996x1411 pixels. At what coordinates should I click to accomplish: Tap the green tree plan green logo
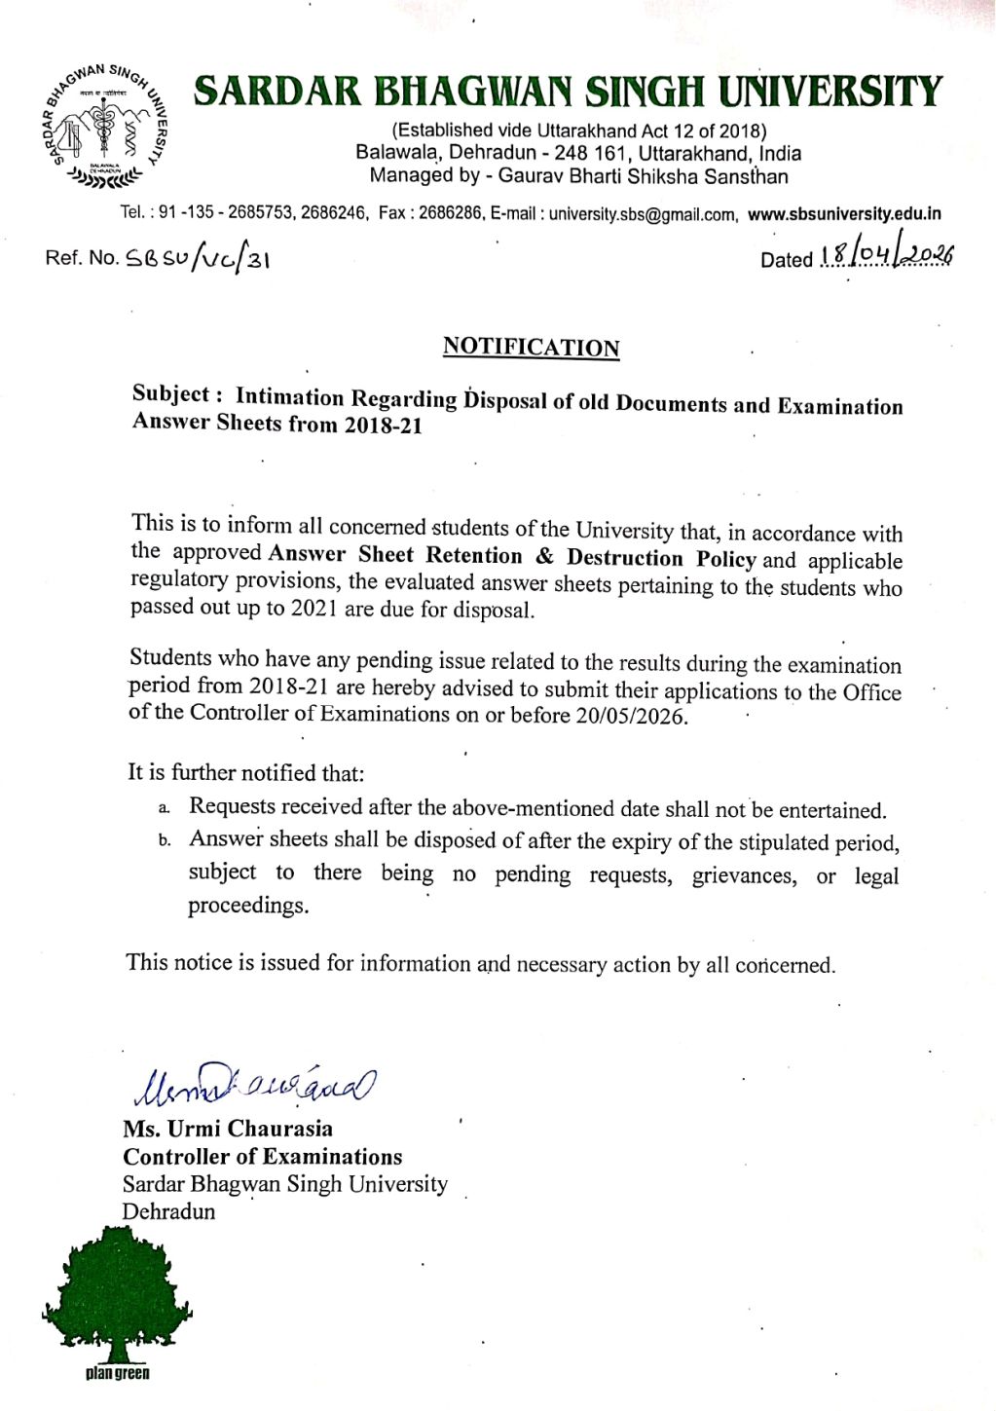(117, 1300)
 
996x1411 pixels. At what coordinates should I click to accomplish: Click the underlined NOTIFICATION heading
(531, 348)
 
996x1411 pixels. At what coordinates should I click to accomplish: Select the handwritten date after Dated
(886, 255)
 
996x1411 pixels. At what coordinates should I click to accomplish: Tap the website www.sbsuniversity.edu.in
(843, 214)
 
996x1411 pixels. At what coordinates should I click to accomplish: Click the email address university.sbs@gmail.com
(642, 214)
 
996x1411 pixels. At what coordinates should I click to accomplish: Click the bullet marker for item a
(165, 808)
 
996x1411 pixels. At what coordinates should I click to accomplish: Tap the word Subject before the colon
(170, 394)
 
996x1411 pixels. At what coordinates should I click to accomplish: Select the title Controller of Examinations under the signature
(262, 1157)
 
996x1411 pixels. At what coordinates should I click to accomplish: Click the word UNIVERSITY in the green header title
(830, 93)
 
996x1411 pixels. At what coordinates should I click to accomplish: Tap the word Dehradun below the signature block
(168, 1211)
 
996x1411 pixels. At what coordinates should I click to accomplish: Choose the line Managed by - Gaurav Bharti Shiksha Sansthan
(578, 176)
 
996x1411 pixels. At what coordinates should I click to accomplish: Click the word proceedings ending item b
(248, 906)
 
